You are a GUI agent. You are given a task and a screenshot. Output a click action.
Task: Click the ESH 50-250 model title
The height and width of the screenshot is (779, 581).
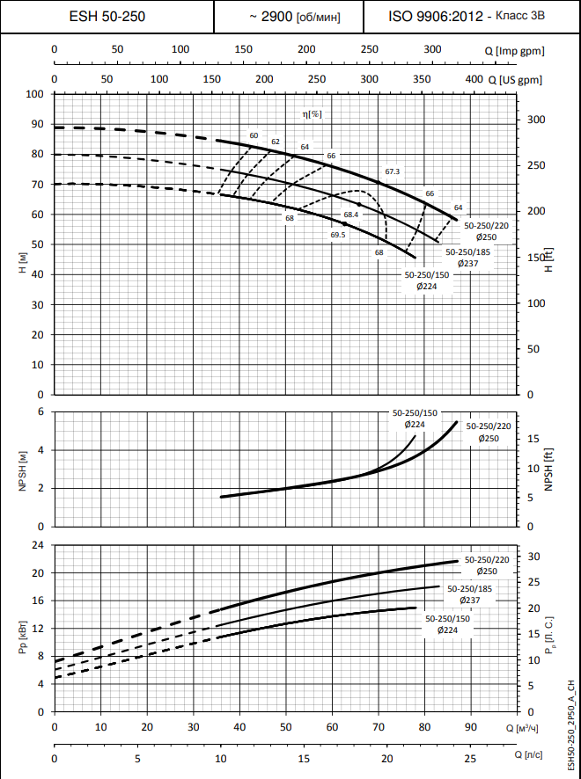pyautogui.click(x=107, y=17)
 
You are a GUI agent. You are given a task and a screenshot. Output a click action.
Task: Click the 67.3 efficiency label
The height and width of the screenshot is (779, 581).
pyautogui.click(x=393, y=171)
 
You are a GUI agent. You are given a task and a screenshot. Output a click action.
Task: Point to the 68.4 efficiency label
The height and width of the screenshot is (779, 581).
pyautogui.click(x=351, y=215)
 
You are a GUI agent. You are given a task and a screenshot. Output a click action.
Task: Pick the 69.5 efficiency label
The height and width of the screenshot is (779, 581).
pyautogui.click(x=338, y=235)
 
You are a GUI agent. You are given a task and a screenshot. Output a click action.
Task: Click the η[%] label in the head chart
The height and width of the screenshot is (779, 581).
pyautogui.click(x=313, y=114)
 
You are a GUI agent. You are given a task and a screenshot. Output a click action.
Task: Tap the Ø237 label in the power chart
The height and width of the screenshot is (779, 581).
pyautogui.click(x=469, y=600)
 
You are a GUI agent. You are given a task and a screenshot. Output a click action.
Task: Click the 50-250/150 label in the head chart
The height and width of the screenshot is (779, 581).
pyautogui.click(x=426, y=275)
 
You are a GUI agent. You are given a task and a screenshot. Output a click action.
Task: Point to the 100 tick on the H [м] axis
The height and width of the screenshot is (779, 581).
pyautogui.click(x=36, y=94)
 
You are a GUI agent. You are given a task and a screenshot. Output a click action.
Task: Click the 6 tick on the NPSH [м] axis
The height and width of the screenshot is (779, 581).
pyautogui.click(x=40, y=411)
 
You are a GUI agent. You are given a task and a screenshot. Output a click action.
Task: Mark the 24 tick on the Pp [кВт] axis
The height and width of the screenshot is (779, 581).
pyautogui.click(x=38, y=545)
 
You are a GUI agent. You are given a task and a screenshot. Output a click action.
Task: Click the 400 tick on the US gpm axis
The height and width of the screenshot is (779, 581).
pyautogui.click(x=474, y=80)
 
